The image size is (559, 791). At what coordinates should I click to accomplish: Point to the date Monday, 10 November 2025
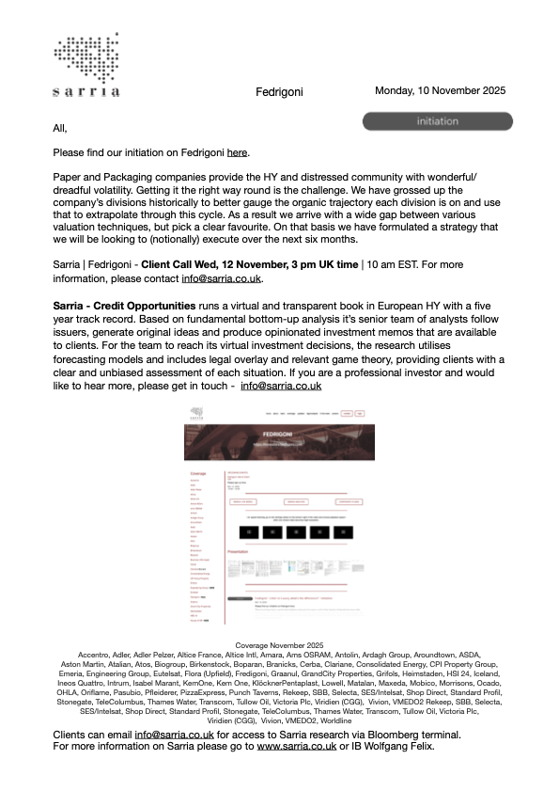coord(440,91)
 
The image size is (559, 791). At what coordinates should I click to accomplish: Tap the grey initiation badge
coord(437,121)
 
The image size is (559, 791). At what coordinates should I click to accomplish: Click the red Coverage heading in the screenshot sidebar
coord(198,473)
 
